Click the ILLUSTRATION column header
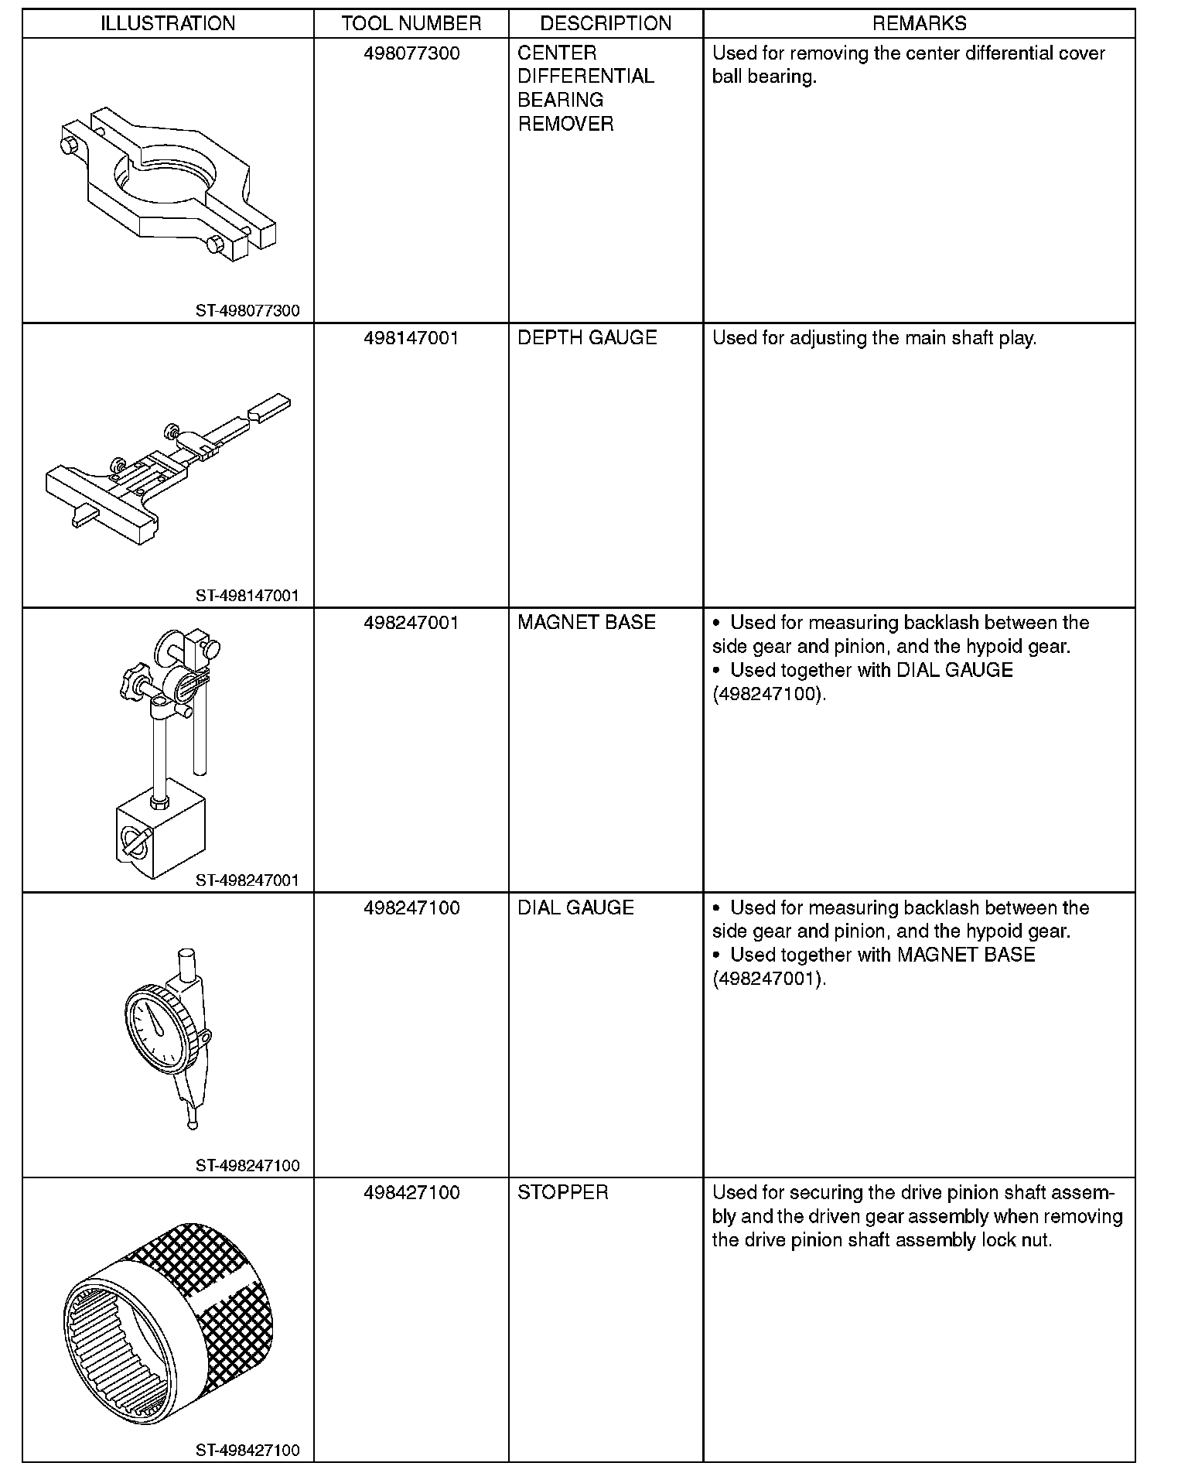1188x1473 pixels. coord(168,23)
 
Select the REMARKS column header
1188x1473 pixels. coord(919,23)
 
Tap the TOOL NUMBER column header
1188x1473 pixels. coord(411,23)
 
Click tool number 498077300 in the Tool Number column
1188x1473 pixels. coord(411,53)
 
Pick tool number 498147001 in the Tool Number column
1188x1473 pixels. coord(411,338)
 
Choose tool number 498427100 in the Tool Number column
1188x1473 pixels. coord(411,1192)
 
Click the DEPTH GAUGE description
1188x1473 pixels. coord(587,338)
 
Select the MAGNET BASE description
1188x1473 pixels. coord(586,623)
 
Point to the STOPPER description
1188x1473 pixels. coord(562,1192)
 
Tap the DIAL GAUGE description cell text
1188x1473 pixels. coord(575,907)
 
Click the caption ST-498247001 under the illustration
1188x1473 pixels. coord(247,880)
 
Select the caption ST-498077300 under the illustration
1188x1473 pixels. coord(247,311)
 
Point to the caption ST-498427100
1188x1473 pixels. coord(247,1450)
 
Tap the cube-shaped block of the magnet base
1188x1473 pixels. coord(161,839)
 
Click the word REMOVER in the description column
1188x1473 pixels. coord(565,124)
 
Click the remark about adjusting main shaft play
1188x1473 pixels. coord(874,338)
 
